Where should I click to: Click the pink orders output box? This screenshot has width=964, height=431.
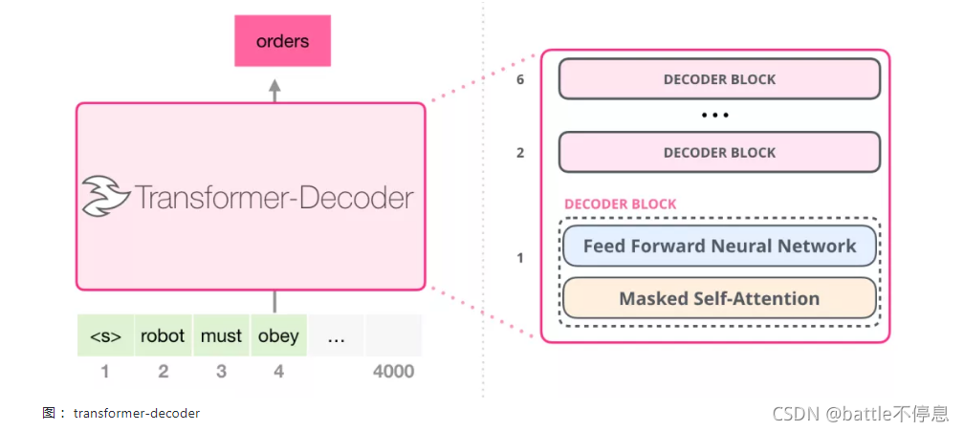[x=282, y=42]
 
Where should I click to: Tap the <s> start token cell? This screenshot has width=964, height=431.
[x=105, y=336]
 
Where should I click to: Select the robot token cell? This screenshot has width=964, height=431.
[x=163, y=336]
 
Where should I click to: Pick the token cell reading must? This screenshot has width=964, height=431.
[x=221, y=336]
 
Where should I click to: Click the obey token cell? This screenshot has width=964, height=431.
[x=278, y=336]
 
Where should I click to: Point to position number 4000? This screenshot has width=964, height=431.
[x=392, y=371]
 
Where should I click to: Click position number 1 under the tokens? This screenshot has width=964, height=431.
[x=105, y=371]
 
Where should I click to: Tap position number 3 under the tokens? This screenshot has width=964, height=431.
[x=221, y=371]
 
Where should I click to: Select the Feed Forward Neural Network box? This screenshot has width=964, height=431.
[x=719, y=246]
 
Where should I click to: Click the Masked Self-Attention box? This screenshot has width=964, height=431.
[x=719, y=298]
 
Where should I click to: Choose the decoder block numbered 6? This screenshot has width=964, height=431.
[x=719, y=79]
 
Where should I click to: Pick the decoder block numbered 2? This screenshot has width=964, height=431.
[x=719, y=152]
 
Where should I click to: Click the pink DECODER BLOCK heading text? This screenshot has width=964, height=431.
[x=620, y=204]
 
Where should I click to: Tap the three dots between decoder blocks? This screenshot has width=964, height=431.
[x=715, y=116]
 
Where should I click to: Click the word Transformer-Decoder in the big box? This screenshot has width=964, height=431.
[x=274, y=198]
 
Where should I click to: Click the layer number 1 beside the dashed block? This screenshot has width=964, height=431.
[x=520, y=258]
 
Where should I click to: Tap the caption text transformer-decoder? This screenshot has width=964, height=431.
[x=137, y=413]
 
